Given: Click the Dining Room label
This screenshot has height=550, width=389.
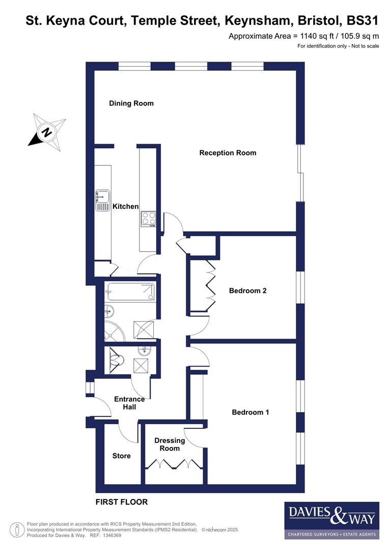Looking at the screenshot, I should pyautogui.click(x=131, y=103).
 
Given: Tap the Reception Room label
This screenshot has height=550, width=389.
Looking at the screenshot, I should pyautogui.click(x=228, y=153).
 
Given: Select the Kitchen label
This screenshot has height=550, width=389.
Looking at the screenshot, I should pyautogui.click(x=125, y=206).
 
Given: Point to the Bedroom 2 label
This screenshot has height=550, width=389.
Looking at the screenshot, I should pyautogui.click(x=247, y=291).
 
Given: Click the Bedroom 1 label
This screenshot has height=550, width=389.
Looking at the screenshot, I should pyautogui.click(x=250, y=412).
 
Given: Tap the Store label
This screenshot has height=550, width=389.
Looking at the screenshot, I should pyautogui.click(x=121, y=456).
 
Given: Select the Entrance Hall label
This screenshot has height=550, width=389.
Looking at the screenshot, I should pyautogui.click(x=129, y=403).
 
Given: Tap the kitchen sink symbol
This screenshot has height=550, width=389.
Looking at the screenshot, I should pyautogui.click(x=103, y=200).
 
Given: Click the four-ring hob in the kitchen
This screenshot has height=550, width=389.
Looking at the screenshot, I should pyautogui.click(x=149, y=219).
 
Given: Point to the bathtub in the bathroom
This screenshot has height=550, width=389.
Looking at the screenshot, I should pyautogui.click(x=129, y=292).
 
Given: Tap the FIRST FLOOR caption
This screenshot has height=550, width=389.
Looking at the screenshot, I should pyautogui.click(x=122, y=502).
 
